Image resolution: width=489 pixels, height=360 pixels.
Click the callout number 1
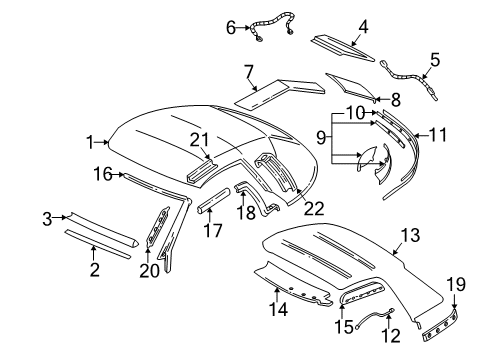[x=90, y=141]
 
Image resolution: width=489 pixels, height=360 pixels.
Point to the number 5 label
[x=435, y=58]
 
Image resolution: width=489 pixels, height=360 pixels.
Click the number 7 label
[x=248, y=70]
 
